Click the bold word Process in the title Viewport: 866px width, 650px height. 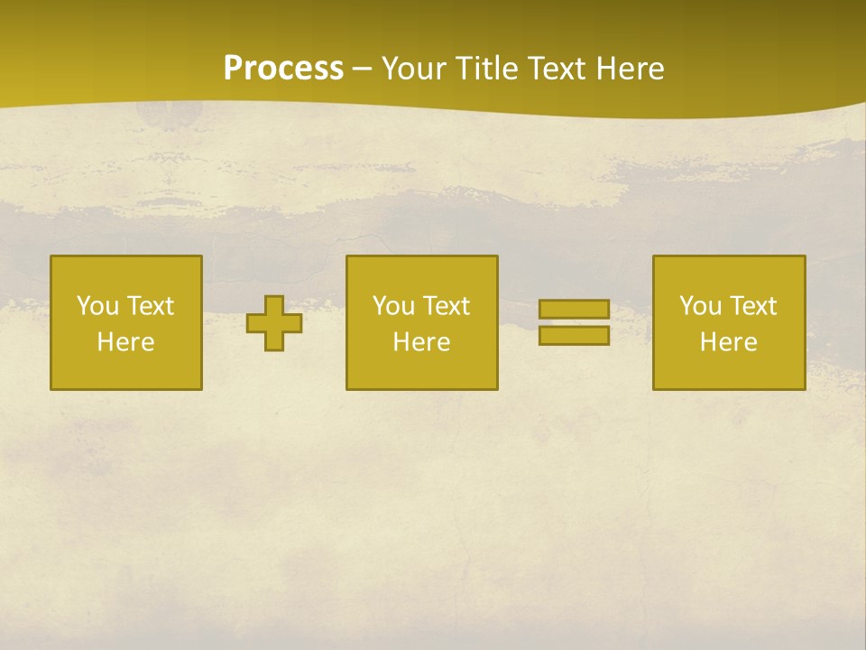coord(283,69)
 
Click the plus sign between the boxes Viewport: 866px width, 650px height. coord(274,323)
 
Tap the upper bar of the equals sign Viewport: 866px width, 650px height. coord(574,310)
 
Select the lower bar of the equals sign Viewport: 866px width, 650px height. coord(574,336)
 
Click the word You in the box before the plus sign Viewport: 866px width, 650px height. coord(97,306)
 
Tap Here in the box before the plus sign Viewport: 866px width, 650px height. coord(125,342)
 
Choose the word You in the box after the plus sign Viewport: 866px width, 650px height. coord(393,306)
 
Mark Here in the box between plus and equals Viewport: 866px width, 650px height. coord(421,342)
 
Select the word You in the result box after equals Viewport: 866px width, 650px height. coord(700,306)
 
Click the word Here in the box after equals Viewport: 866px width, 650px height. coord(728,342)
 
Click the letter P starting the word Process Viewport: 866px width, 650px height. coord(233,69)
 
